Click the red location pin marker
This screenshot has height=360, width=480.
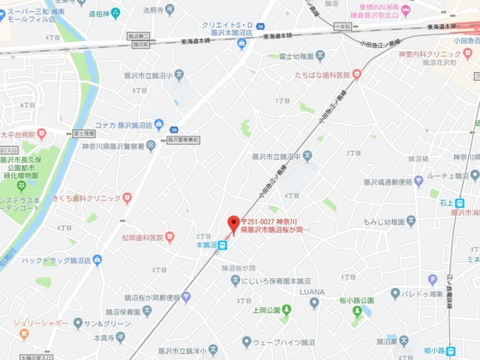(233, 223)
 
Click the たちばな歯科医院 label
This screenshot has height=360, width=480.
(322, 74)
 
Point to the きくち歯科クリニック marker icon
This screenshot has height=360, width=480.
(127, 198)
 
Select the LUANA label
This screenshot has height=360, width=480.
(311, 291)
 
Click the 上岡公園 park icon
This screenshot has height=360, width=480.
(286, 310)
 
